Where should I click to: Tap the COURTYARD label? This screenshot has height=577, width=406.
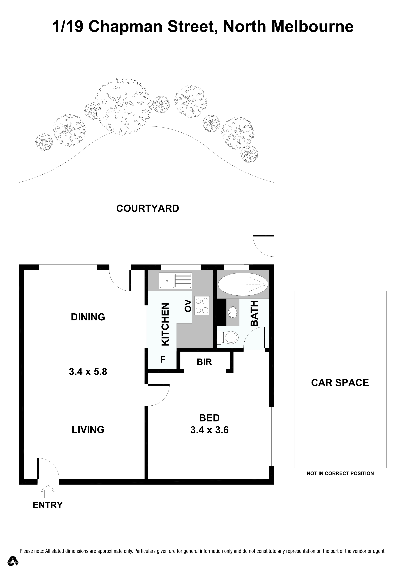click(148, 208)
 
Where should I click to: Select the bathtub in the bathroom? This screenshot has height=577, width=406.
click(243, 284)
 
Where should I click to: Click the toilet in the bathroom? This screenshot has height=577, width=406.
click(228, 337)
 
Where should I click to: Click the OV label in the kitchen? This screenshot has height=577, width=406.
click(188, 306)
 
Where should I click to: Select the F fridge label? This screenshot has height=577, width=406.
click(163, 360)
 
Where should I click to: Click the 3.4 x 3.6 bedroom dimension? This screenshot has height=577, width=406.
click(209, 430)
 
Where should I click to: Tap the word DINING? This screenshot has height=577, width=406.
click(88, 317)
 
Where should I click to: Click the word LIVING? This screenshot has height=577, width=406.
click(88, 430)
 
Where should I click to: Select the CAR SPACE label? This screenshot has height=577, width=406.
click(340, 383)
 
